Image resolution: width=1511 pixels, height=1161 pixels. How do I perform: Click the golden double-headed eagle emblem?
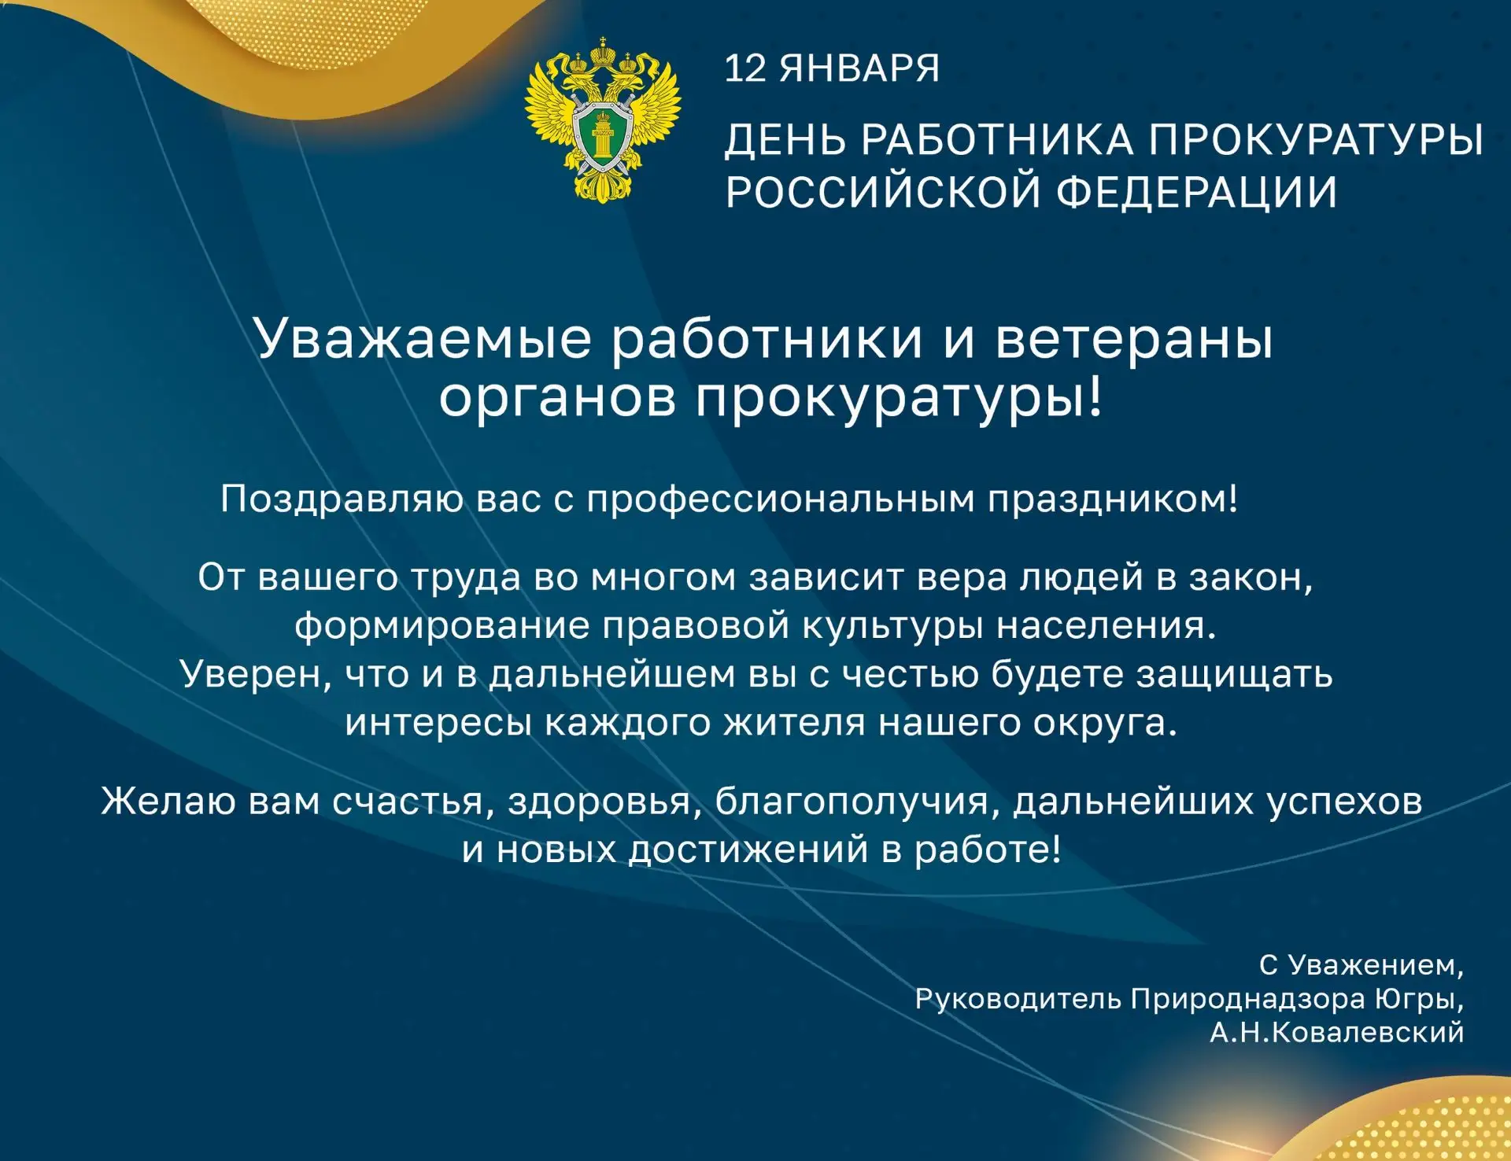[x=603, y=120]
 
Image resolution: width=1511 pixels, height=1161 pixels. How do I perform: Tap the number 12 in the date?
[x=744, y=68]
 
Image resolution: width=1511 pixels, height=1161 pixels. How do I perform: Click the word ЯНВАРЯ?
[x=859, y=68]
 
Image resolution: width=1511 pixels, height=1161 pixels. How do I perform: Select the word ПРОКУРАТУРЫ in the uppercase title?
[x=1316, y=141]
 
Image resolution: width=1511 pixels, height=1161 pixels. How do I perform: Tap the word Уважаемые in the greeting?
[x=423, y=340]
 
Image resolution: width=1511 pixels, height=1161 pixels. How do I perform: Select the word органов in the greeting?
[x=557, y=398]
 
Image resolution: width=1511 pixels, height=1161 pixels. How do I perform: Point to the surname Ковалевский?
[x=1368, y=1032]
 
